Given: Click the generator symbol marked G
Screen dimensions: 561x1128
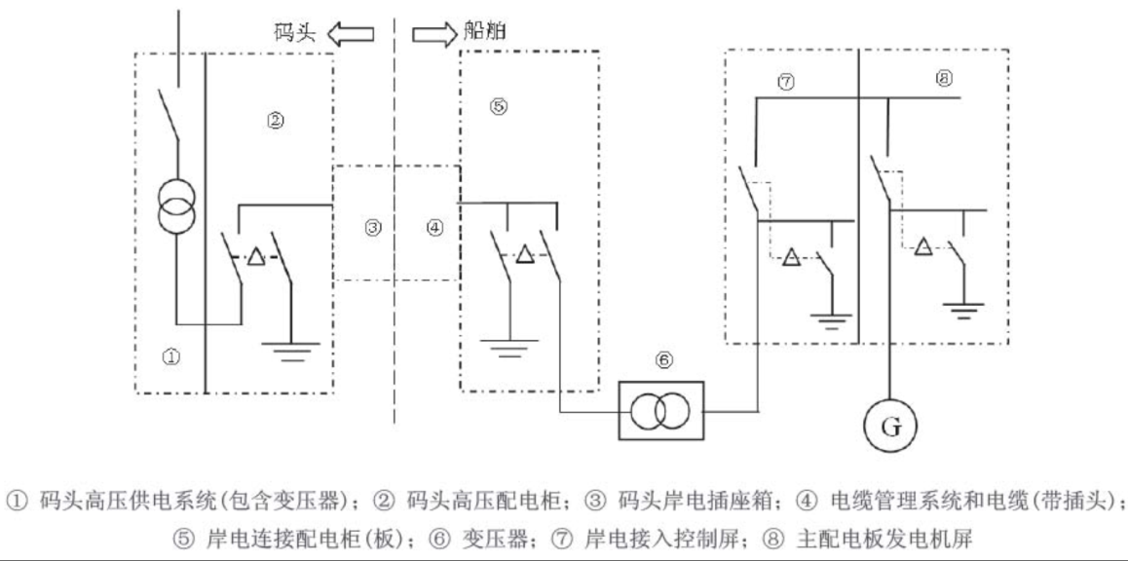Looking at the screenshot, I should point(886,426).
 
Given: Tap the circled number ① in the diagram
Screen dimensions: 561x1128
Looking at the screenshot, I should point(170,357).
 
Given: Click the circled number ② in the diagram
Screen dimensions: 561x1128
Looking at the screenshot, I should point(275,121).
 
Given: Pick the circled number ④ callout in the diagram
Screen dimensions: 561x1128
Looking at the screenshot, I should point(434,228).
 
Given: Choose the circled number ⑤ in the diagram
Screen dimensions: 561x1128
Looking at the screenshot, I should point(498,107).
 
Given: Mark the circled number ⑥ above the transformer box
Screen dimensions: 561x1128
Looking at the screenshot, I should point(663,360).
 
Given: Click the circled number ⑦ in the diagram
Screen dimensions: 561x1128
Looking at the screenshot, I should point(786,83).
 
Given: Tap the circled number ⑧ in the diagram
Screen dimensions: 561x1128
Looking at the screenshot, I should point(943,81).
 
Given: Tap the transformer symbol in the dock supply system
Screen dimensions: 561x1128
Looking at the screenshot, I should point(176,203).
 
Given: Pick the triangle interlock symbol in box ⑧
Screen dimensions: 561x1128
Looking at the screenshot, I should point(921,247).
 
